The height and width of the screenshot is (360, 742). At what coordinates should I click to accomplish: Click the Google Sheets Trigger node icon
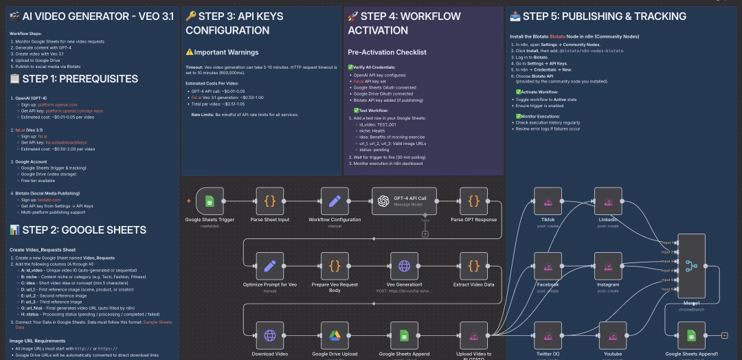click(x=210, y=201)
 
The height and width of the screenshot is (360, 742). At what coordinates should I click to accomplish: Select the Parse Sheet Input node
click(x=270, y=201)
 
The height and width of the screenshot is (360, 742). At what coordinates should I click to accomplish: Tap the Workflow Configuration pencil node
click(x=335, y=201)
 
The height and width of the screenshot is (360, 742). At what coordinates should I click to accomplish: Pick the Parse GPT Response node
click(x=474, y=201)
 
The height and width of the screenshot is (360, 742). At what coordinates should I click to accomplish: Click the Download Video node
click(x=270, y=335)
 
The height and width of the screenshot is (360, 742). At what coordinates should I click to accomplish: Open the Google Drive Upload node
click(x=335, y=335)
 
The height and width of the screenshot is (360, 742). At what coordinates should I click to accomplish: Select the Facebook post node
click(x=548, y=266)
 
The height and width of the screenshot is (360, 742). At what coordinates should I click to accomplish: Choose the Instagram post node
click(x=607, y=266)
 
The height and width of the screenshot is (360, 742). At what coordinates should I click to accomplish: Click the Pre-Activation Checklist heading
click(x=387, y=52)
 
